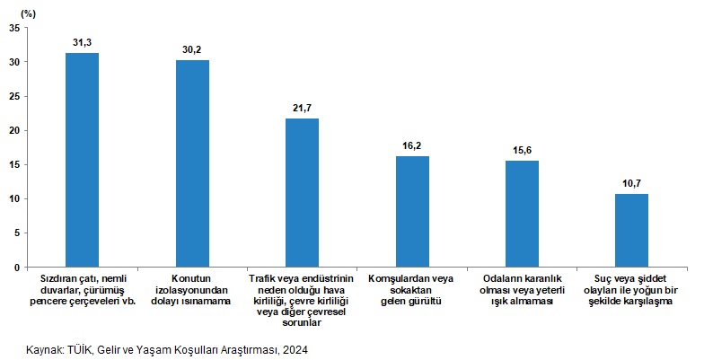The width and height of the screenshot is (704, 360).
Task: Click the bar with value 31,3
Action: (x=82, y=160)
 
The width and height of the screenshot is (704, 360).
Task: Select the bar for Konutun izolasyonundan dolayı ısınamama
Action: (x=192, y=163)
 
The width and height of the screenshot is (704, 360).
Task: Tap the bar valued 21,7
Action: (x=302, y=192)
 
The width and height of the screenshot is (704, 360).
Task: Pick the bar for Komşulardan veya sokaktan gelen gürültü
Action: (x=412, y=211)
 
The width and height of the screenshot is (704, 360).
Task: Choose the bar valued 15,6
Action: (x=522, y=214)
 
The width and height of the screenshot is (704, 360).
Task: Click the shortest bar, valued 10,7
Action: (x=631, y=230)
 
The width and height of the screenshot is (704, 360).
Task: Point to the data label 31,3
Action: (x=83, y=42)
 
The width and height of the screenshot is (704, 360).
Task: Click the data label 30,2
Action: (x=192, y=49)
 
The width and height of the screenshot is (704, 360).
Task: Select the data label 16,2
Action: (x=412, y=145)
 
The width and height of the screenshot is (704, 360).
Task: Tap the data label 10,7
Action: (x=631, y=182)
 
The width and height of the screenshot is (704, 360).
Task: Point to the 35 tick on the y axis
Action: (x=14, y=28)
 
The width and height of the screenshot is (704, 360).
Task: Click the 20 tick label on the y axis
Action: (x=14, y=130)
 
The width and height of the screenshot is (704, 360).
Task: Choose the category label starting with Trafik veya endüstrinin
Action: (x=302, y=301)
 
